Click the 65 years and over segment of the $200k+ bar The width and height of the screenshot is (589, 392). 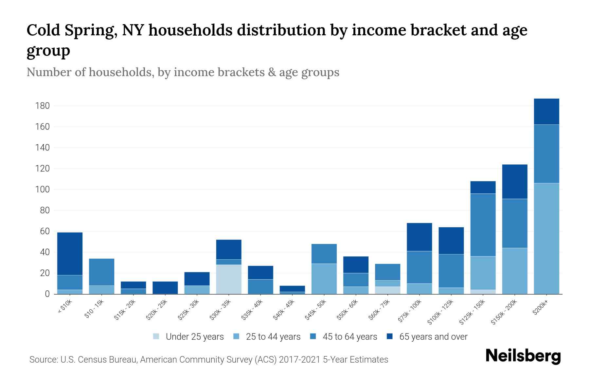(546, 111)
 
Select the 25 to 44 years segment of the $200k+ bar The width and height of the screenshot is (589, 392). (546, 238)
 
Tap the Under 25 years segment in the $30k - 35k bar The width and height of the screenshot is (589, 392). (229, 279)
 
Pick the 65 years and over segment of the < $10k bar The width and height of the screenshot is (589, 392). (70, 254)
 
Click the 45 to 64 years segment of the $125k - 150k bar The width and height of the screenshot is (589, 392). (483, 225)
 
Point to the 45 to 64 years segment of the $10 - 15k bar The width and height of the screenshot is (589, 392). (101, 272)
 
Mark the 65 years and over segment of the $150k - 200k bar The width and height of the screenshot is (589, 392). (514, 182)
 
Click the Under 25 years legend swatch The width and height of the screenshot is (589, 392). (156, 336)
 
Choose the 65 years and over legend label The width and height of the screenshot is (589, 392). (433, 337)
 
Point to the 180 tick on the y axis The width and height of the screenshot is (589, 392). (43, 106)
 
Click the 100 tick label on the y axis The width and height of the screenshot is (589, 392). (43, 189)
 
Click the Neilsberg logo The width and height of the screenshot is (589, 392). (523, 356)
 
